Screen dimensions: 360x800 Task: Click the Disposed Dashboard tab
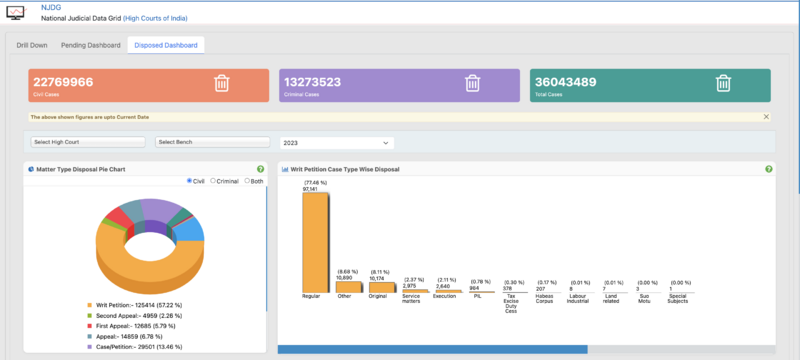tap(165, 45)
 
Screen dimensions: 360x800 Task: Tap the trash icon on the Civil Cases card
tap(222, 84)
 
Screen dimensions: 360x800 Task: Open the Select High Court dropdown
tap(89, 142)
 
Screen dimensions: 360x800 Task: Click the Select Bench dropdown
tap(213, 142)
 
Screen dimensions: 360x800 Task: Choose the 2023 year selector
tap(336, 142)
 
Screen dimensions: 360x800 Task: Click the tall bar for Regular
tap(315, 241)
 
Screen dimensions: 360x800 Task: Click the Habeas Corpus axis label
tap(546, 299)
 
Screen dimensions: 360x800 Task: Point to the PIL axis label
tap(480, 296)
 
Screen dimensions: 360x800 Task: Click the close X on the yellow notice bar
tap(766, 117)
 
